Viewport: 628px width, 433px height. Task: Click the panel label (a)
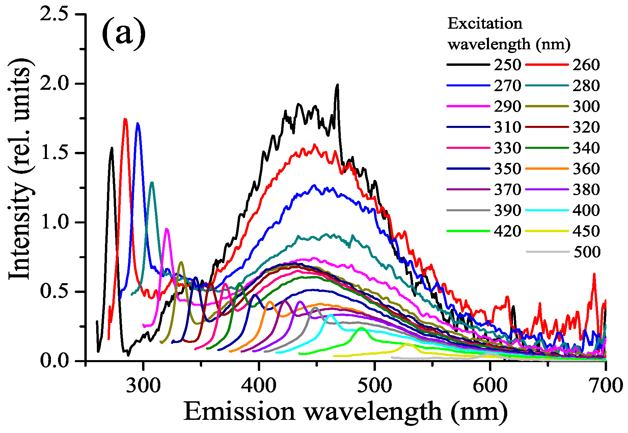124,34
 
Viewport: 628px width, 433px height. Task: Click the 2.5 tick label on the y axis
54,14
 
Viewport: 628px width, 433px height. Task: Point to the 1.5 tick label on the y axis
54,153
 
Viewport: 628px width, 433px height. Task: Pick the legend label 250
508,64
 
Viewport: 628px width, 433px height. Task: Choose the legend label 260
586,64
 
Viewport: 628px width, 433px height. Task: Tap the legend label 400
586,210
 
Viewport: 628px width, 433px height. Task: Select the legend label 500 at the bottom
587,252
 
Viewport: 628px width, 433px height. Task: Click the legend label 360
586,169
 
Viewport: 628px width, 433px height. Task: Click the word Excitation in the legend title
485,24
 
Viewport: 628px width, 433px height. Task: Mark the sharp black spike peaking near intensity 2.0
337,85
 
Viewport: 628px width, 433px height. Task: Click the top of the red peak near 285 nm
125,119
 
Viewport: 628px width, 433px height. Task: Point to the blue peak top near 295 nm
138,124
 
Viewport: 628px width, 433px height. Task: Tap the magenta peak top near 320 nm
166,229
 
